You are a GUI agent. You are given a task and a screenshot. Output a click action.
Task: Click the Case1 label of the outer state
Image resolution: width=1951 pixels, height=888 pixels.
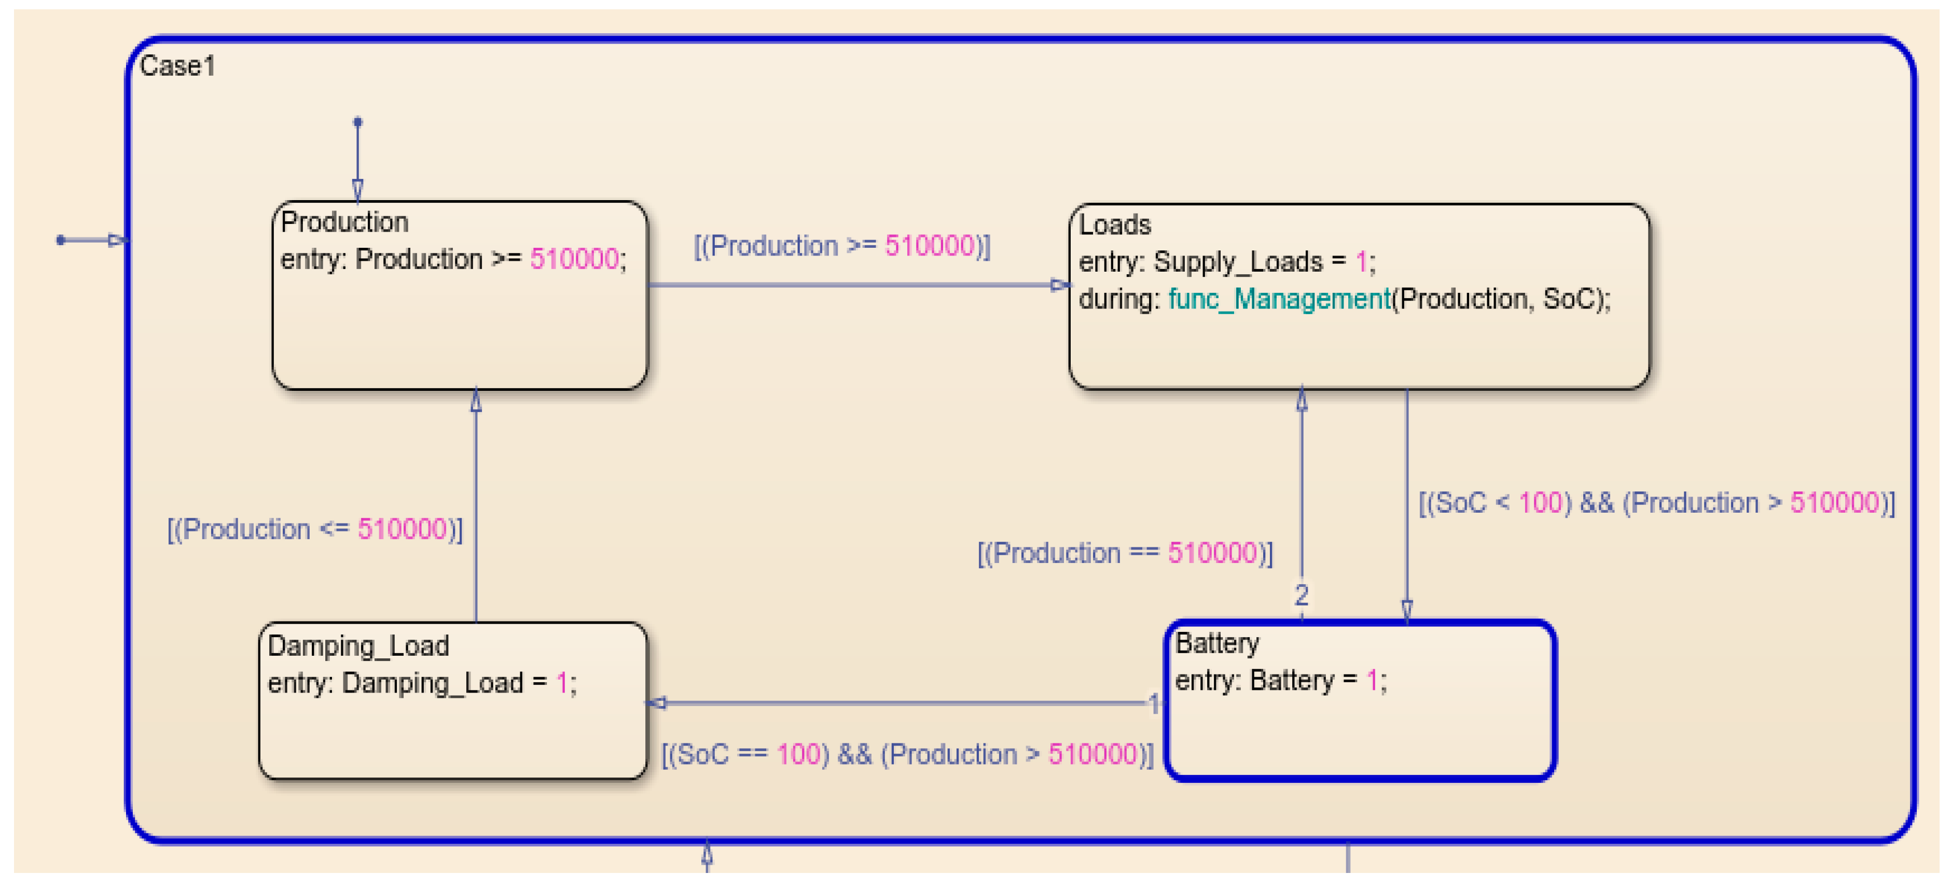(x=177, y=67)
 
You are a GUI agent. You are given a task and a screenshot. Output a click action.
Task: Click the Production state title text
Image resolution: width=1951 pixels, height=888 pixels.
(x=344, y=222)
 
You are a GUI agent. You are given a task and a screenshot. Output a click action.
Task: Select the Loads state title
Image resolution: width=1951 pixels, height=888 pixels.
(x=1114, y=225)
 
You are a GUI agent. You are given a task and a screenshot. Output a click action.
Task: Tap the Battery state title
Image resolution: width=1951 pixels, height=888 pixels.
(x=1217, y=643)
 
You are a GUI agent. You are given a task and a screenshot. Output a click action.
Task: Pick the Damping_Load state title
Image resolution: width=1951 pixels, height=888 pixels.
(x=358, y=646)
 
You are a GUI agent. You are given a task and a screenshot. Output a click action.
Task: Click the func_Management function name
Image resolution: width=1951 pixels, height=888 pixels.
(x=1279, y=299)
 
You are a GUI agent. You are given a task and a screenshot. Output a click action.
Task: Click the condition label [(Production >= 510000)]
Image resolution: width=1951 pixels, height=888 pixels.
(x=841, y=246)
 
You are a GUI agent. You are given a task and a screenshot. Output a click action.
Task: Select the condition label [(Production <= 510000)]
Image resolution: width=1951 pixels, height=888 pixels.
(x=314, y=529)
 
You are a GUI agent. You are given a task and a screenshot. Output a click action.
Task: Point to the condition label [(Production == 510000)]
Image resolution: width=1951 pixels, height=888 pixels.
(x=1125, y=554)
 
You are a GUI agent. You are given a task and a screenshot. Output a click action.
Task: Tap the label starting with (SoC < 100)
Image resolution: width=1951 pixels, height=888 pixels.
(x=1656, y=503)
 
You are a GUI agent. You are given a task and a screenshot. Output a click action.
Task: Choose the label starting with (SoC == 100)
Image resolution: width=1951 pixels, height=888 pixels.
(x=907, y=755)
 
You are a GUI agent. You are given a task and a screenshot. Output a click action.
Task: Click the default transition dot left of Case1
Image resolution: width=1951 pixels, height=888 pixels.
(x=61, y=241)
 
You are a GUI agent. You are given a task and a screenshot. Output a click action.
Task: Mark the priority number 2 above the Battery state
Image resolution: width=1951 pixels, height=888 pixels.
(x=1301, y=595)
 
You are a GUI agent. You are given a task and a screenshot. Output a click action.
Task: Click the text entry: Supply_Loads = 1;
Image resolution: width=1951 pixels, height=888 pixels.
(x=1226, y=262)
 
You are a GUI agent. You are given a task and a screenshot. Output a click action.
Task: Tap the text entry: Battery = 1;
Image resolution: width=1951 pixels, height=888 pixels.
(x=1280, y=681)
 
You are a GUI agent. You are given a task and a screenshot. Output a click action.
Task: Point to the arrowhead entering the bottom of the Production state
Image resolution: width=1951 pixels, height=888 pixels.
(x=476, y=401)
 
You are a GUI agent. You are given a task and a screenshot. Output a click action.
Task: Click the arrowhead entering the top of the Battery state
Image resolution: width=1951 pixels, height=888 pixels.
(x=1406, y=610)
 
